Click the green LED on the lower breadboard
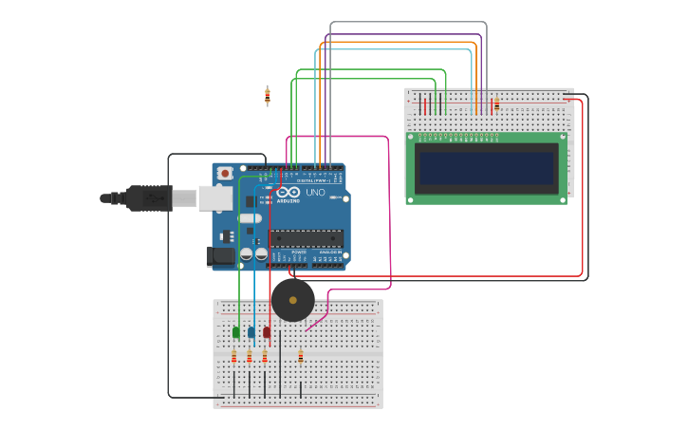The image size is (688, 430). [235, 332]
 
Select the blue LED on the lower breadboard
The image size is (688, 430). [251, 332]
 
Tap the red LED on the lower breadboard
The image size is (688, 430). [267, 332]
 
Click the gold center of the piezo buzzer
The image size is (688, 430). [292, 300]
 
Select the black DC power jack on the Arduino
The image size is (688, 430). [220, 256]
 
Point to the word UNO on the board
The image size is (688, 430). [315, 193]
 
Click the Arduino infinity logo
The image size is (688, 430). [288, 193]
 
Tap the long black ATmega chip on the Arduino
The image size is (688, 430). [306, 238]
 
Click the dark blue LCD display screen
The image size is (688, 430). [487, 169]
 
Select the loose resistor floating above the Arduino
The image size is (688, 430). [267, 95]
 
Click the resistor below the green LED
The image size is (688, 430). [233, 357]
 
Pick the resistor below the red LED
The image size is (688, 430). [265, 357]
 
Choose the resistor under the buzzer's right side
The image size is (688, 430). [301, 357]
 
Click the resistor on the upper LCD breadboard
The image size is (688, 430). [496, 103]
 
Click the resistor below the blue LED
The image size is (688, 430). [249, 357]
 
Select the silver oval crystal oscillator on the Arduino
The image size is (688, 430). [250, 218]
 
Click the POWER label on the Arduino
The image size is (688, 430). [299, 252]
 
